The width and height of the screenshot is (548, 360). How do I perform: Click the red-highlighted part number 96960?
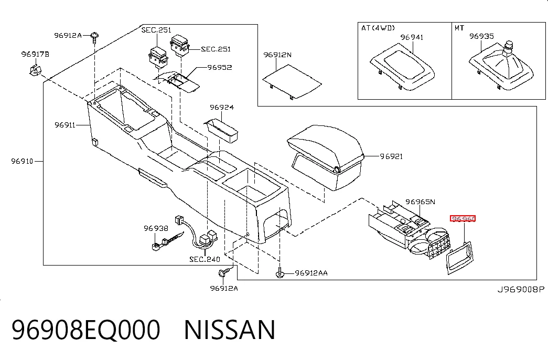tap(463, 219)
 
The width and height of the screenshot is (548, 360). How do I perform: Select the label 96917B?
tap(35, 54)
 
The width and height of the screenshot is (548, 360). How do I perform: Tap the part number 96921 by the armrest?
tap(391, 156)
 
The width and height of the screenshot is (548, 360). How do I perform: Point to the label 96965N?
tap(420, 202)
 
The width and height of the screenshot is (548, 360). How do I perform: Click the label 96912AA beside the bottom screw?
tap(311, 273)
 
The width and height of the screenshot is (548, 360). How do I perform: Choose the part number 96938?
tap(156, 228)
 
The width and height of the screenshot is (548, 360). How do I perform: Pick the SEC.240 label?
tap(205, 259)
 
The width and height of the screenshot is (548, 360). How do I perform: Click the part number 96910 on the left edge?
tap(22, 161)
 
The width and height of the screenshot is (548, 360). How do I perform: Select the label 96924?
tap(222, 107)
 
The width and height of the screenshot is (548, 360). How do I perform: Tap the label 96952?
tap(220, 67)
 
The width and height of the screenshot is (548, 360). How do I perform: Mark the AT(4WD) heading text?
tap(378, 28)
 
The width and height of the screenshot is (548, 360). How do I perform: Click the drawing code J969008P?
tap(521, 289)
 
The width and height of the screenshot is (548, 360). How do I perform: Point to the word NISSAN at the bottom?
tap(230, 330)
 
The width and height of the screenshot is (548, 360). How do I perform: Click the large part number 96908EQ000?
tap(86, 330)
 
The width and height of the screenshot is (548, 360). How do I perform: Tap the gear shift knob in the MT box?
tap(509, 48)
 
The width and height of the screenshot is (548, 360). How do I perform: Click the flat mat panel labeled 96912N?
tap(292, 81)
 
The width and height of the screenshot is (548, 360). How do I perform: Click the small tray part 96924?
tap(222, 131)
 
